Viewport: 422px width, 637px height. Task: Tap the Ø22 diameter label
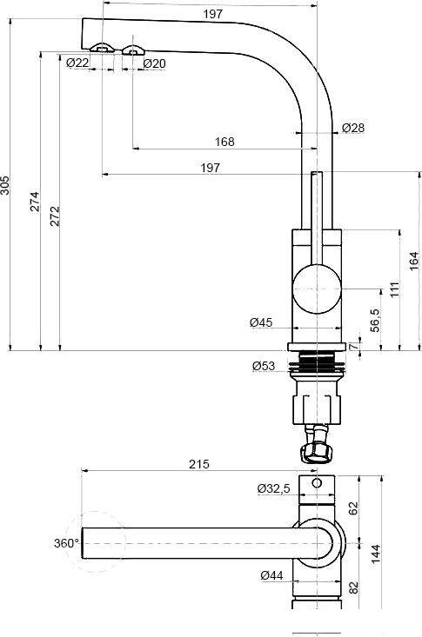tap(77, 63)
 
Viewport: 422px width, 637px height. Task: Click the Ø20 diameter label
tap(154, 63)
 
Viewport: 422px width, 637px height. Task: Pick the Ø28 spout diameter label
tap(352, 128)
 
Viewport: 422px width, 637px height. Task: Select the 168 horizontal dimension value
tap(224, 143)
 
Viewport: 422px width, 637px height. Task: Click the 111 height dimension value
tap(394, 289)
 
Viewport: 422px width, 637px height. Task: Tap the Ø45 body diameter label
tap(261, 322)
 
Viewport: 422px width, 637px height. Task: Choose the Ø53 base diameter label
tap(265, 366)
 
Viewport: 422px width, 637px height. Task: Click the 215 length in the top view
tap(198, 465)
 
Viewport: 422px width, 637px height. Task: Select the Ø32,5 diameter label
tap(273, 488)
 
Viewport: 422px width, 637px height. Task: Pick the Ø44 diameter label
tap(271, 574)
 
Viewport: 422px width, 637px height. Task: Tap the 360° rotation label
tap(65, 543)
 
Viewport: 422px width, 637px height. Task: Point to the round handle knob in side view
tap(317, 289)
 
